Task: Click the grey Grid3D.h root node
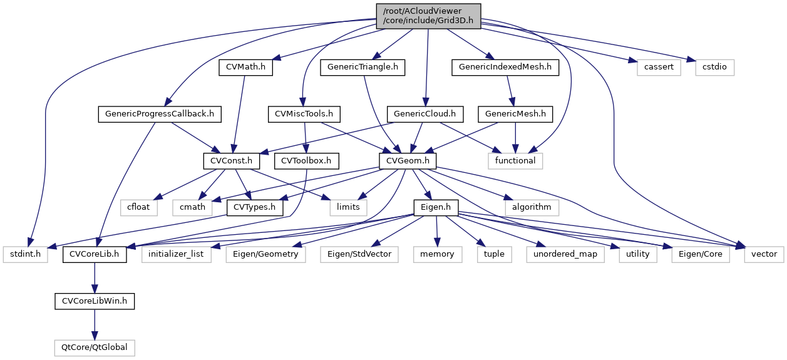point(428,16)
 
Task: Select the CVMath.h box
point(246,68)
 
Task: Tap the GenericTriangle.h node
point(363,68)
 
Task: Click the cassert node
point(659,68)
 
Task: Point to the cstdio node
point(714,68)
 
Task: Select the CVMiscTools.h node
point(304,114)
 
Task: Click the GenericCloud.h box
point(426,114)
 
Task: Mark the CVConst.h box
point(232,160)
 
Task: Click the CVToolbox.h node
point(306,160)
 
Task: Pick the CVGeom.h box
point(408,160)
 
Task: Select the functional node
point(515,160)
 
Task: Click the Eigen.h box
point(435,207)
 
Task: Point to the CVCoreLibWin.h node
point(94,301)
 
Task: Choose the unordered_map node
point(565,254)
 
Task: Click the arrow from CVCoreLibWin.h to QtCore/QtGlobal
point(94,324)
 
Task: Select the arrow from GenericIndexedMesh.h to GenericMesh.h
point(510,91)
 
